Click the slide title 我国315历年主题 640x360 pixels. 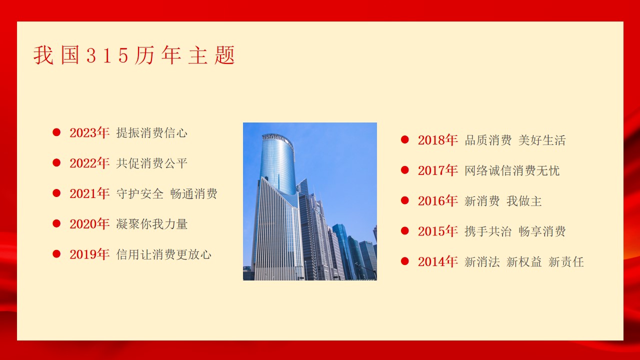tap(134, 55)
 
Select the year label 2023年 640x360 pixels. tap(89, 133)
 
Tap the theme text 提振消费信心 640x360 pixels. tap(151, 133)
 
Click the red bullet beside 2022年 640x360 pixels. tap(56, 162)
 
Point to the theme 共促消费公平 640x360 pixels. tap(151, 163)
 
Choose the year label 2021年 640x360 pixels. tap(89, 193)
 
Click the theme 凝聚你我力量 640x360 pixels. tap(151, 224)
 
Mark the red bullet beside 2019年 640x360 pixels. tap(56, 253)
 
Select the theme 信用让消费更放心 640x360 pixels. tap(163, 254)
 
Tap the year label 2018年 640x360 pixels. tap(437, 140)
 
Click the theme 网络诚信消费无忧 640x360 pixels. tap(512, 170)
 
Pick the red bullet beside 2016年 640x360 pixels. tap(405, 200)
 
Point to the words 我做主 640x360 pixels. tap(524, 201)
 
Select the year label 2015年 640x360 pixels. tap(437, 231)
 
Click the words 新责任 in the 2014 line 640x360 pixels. tap(566, 261)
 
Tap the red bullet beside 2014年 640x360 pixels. tap(405, 261)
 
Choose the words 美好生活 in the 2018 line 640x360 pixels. tap(542, 140)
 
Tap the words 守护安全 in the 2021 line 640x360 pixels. tap(139, 193)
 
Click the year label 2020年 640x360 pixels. tap(89, 224)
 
